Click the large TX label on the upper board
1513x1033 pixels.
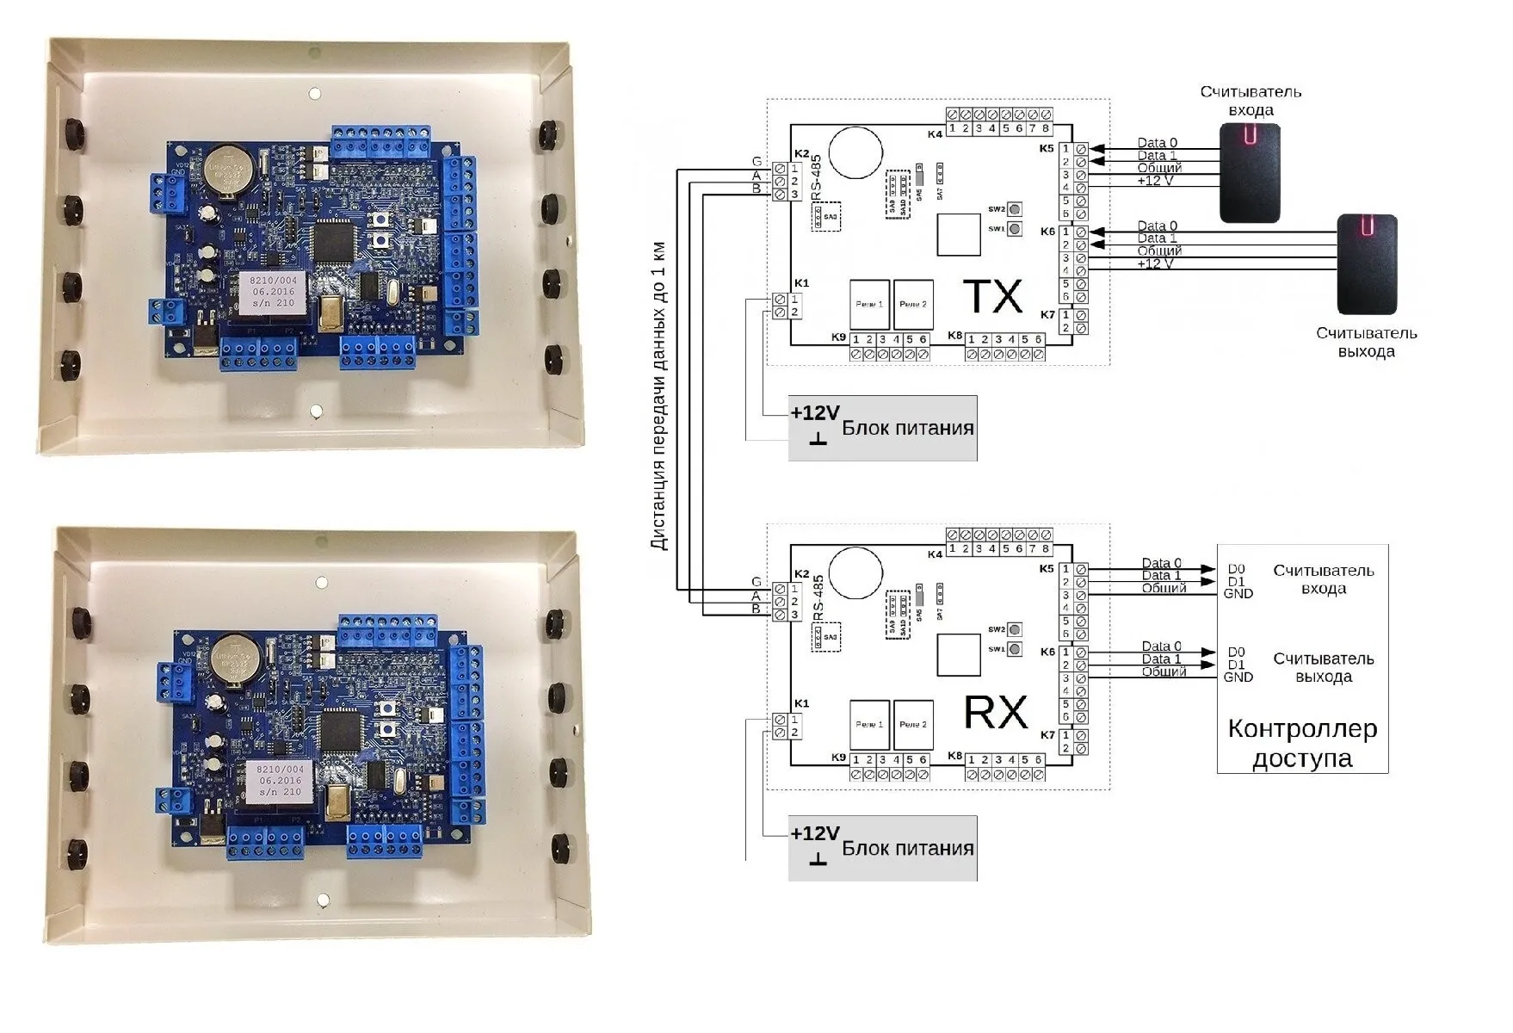pyautogui.click(x=992, y=297)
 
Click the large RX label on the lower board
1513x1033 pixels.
pyautogui.click(x=995, y=713)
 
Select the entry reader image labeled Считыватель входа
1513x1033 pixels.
pyautogui.click(x=1250, y=173)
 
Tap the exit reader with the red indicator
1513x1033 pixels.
pyautogui.click(x=1367, y=264)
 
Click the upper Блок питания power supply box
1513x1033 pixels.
pyautogui.click(x=882, y=428)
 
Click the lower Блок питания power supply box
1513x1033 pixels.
pyautogui.click(x=882, y=848)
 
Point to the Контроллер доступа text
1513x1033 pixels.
pyautogui.click(x=1302, y=744)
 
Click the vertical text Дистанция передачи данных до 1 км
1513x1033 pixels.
pyautogui.click(x=658, y=396)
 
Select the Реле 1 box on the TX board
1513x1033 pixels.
pyautogui.click(x=869, y=305)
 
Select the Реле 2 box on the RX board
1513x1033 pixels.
pyautogui.click(x=913, y=725)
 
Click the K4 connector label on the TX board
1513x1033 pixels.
pyautogui.click(x=935, y=134)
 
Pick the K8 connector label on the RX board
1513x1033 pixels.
pyautogui.click(x=954, y=756)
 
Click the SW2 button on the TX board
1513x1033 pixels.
pyautogui.click(x=1015, y=209)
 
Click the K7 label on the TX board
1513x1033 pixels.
pyautogui.click(x=1047, y=315)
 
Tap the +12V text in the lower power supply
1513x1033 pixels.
pyautogui.click(x=814, y=833)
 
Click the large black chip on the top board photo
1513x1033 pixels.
pyautogui.click(x=332, y=241)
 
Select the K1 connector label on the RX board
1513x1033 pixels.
pyautogui.click(x=801, y=703)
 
